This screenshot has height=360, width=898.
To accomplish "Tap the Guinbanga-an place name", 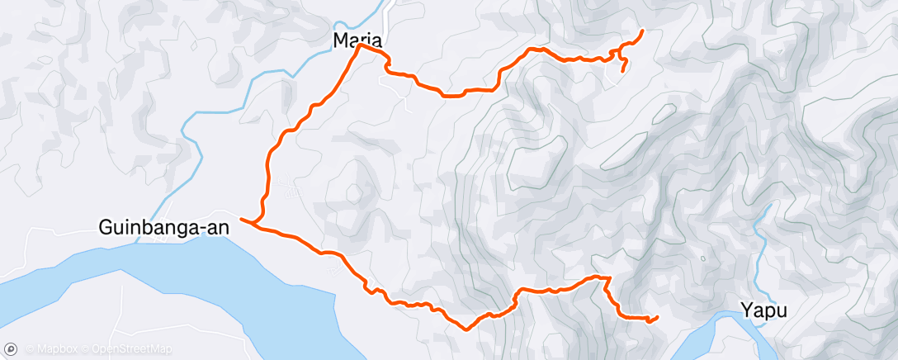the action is coord(165,227).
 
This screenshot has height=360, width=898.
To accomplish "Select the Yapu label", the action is coord(763,311).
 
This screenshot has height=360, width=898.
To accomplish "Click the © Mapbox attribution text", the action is coord(51,350).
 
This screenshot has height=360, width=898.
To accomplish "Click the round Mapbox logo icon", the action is coord(11,350).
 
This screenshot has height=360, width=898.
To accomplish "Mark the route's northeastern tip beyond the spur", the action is coord(643,31).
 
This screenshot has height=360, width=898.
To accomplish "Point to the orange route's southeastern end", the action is coord(658,317).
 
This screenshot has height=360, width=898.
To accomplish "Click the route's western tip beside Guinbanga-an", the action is coord(240,219).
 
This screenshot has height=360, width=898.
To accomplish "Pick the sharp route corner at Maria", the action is coord(360,46).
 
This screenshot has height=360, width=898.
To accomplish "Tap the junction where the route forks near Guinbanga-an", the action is coord(256,224).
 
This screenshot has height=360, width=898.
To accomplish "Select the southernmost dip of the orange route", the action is coord(467,329).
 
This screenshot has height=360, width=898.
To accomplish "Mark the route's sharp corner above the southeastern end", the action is coord(608,277).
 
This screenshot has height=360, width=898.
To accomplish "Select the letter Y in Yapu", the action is coord(746,311).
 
